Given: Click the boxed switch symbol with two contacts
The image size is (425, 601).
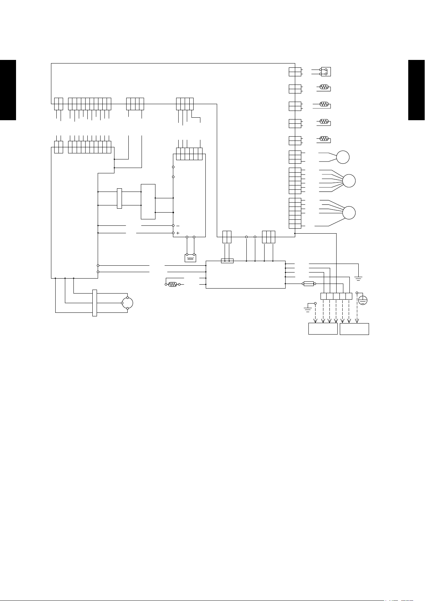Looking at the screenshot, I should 326,72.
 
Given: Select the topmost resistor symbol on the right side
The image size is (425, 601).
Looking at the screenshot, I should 324,87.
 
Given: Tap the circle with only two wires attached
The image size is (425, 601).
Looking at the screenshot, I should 343,157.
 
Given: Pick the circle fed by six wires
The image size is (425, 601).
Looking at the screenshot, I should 349,181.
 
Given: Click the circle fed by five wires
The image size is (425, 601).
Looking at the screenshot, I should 349,213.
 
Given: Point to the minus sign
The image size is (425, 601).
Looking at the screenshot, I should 178,225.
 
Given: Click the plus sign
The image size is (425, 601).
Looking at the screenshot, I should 178,233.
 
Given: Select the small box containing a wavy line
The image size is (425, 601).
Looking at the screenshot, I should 190,258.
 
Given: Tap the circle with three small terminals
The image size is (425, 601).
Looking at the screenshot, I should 127,303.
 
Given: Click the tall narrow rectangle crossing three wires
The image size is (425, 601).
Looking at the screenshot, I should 94,303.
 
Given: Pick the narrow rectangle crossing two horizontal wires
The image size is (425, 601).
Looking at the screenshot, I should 119,198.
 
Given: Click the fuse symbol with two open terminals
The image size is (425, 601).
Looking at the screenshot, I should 309,284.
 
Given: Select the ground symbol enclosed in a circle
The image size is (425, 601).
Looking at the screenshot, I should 363,300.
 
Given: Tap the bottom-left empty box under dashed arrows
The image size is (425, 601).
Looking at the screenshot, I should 323,329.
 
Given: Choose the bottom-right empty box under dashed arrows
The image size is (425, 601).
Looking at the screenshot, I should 354,329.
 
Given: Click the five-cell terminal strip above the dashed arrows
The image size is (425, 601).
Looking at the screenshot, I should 336,296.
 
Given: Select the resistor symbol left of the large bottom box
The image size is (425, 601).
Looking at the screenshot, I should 173,284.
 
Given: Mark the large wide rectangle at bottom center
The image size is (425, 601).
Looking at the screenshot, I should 246,275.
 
